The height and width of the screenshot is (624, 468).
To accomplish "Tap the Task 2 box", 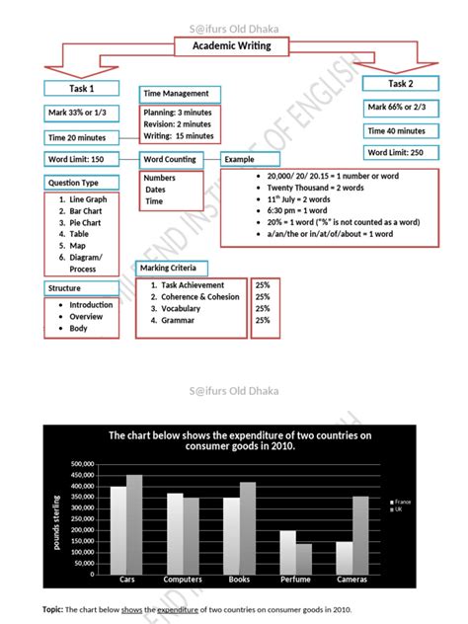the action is pos(402,83).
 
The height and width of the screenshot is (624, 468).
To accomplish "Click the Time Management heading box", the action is pos(177,94).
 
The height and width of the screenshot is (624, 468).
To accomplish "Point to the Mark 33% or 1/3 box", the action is pos(82,113).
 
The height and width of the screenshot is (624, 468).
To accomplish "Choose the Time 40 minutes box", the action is pos(397,129).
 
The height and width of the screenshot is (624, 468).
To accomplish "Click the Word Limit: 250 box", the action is pos(397,152).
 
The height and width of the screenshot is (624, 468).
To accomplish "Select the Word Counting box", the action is pos(169,159).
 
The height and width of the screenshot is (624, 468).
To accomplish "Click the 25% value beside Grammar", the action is pos(263,320).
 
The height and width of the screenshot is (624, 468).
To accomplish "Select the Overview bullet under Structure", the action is pos(86,317).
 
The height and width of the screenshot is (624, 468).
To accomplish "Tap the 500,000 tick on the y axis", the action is pos(82,464).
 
